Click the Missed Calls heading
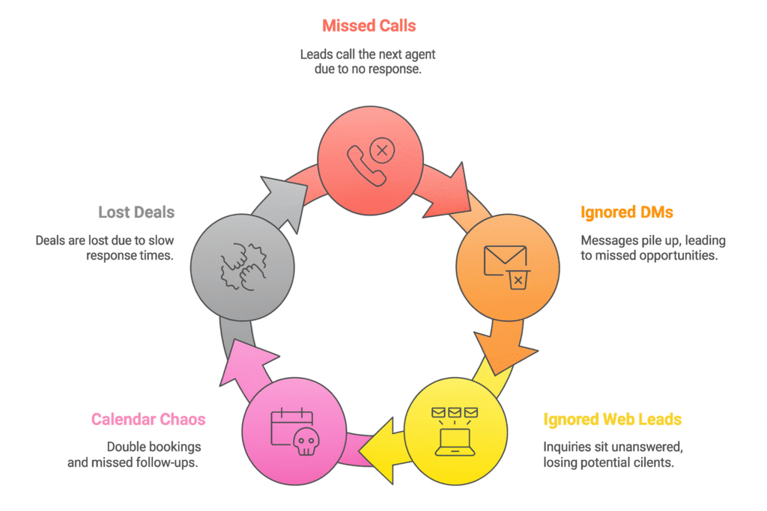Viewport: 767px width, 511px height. pos(369,26)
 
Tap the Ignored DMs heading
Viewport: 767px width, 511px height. pos(626,212)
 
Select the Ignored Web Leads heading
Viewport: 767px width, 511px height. pos(613,418)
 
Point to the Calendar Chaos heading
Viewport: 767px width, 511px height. pos(148,418)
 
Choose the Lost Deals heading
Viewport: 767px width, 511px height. pos(136,212)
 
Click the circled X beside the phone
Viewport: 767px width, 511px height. pos(382,151)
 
